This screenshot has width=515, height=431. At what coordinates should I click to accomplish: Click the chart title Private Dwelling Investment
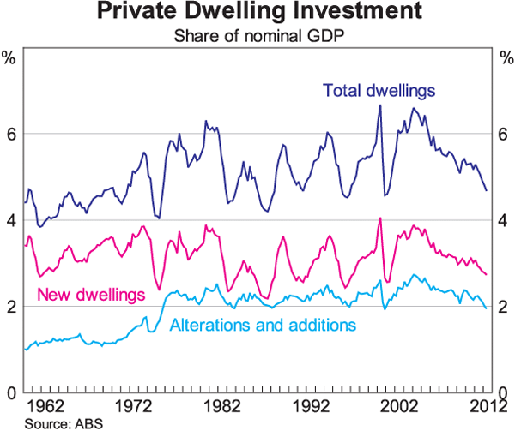point(257,13)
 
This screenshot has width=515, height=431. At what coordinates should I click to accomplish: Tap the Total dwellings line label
point(379,89)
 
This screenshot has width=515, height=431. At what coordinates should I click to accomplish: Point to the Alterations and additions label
point(263,325)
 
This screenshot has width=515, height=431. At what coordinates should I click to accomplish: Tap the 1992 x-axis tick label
point(311,404)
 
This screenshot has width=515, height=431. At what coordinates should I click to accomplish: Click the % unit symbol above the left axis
point(10,58)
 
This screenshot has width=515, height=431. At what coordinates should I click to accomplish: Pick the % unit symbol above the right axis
point(504,58)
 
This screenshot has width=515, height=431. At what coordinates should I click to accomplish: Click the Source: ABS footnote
point(51,423)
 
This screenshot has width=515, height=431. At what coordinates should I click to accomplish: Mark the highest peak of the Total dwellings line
point(380,105)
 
